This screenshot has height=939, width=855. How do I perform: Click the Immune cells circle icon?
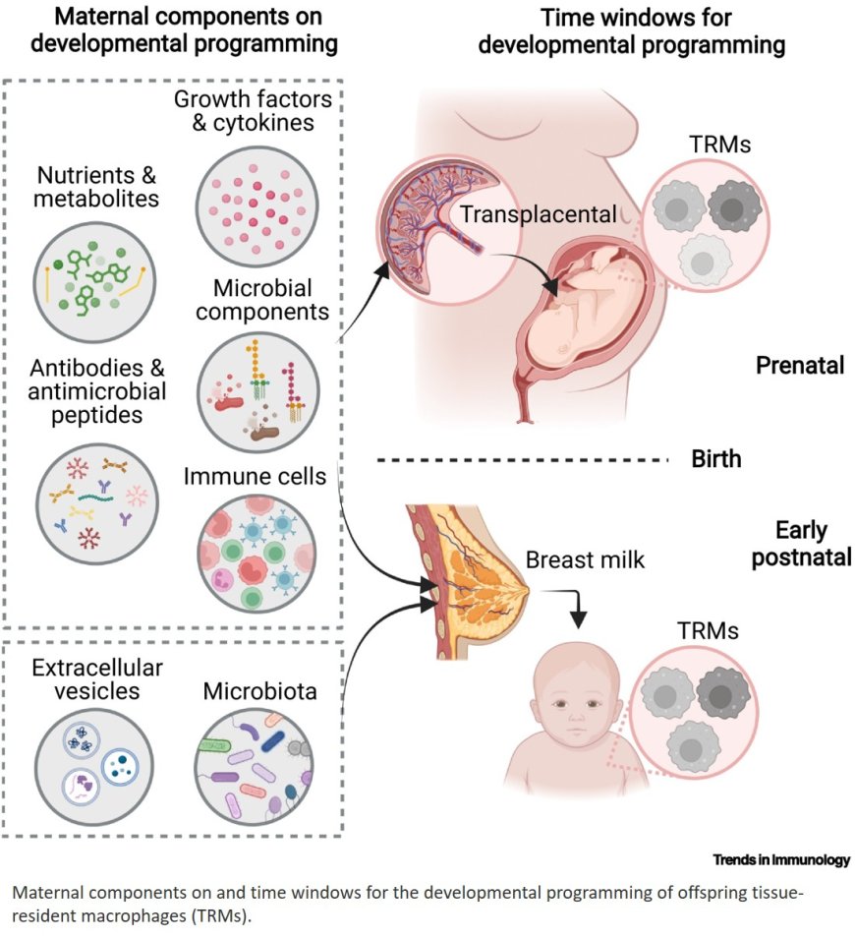pos(253,555)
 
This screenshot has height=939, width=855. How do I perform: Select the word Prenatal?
pos(800,366)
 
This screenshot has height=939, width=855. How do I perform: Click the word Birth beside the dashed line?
pos(716,459)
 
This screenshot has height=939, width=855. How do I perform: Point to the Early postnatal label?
pos(800,546)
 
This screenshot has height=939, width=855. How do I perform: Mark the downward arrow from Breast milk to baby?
pos(580,611)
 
